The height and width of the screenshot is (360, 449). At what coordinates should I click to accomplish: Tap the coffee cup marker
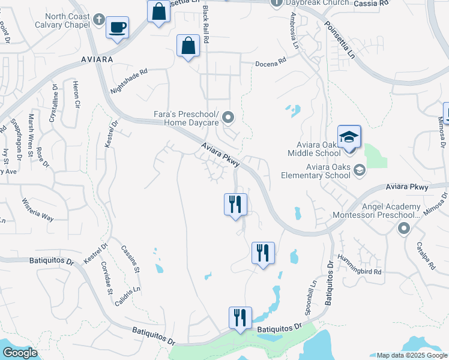tap(117, 27)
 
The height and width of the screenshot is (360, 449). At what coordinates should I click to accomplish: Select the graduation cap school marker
tap(349, 137)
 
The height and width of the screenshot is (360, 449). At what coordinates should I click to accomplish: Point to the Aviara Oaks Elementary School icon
tap(359, 170)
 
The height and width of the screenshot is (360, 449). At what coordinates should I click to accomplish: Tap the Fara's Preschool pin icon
tap(228, 117)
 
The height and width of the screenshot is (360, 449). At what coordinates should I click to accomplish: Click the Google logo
tap(20, 353)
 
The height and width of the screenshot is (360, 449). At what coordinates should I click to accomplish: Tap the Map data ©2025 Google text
tap(411, 355)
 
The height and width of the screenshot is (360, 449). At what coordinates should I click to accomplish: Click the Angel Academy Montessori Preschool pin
tap(403, 228)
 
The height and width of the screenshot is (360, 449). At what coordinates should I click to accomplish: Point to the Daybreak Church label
tap(318, 3)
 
